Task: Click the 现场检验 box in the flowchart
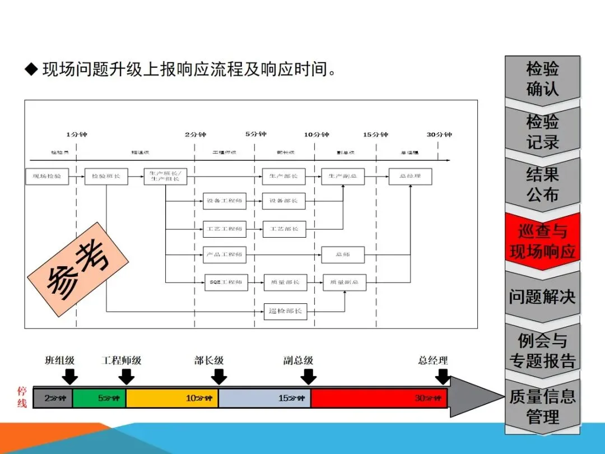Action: pos(47,177)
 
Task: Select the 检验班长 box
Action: pos(106,177)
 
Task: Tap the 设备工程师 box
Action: pos(225,201)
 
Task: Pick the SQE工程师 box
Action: pos(225,282)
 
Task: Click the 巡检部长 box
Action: pos(285,311)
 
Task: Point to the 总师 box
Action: pos(343,255)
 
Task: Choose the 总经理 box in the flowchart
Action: pos(411,177)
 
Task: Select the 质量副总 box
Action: pos(345,282)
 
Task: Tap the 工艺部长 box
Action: pos(284,229)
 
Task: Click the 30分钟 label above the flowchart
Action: pos(439,135)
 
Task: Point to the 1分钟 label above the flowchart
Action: pos(77,135)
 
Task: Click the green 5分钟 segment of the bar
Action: pos(99,398)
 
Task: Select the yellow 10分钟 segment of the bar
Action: pos(172,398)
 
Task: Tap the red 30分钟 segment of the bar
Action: pos(379,398)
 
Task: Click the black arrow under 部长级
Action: pos(218,376)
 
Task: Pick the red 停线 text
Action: pos(22,396)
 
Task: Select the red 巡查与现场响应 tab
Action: pos(542,242)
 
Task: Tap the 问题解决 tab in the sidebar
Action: pos(542,297)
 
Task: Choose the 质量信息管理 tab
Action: pos(542,406)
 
